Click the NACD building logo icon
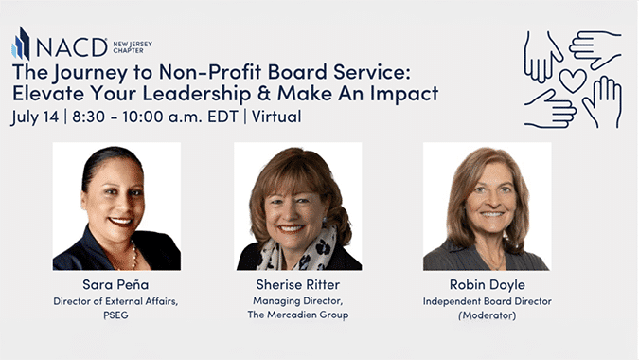tap(21, 44)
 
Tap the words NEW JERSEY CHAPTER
tap(133, 47)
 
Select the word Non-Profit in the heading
tap(210, 72)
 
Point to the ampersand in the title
tap(264, 94)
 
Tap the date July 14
tap(35, 117)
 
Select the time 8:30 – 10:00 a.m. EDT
tap(155, 117)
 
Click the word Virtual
tap(276, 117)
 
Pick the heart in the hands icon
tap(573, 80)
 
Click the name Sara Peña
tap(115, 284)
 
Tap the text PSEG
tap(115, 315)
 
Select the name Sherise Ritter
tap(298, 284)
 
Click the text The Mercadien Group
tap(298, 315)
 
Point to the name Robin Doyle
tap(488, 284)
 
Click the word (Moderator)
tap(488, 315)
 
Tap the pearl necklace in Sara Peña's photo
tap(134, 256)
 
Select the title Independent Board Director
tap(488, 301)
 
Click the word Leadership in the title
tap(196, 94)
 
